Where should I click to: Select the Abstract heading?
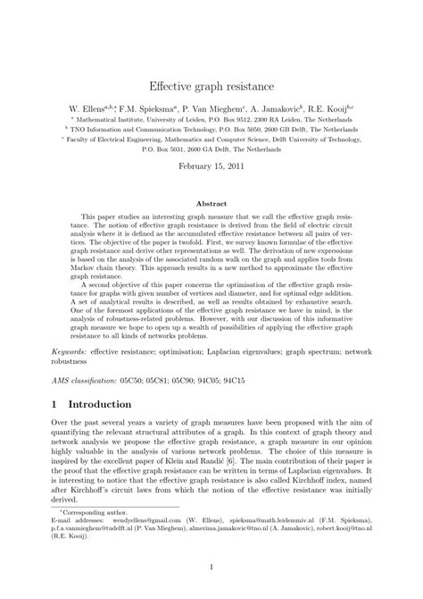click(x=211, y=205)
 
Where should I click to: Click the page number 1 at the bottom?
click(x=211, y=565)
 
